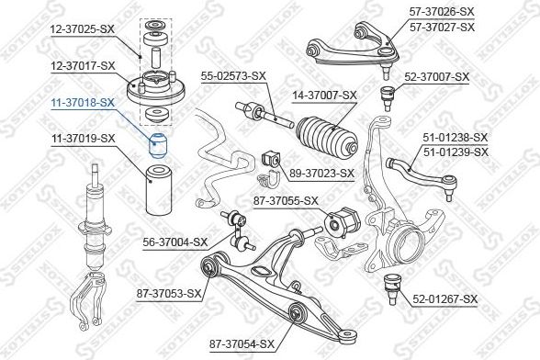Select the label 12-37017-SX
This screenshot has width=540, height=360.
pos(82,65)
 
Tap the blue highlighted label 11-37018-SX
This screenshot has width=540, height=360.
pos(82,102)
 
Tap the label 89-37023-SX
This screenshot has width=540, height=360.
pos(321,172)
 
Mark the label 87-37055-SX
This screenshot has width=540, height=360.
pos(285,200)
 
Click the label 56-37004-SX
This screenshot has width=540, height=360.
pos(174,242)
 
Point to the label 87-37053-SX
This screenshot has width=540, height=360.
pos(169,294)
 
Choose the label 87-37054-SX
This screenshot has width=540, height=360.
pos(242,343)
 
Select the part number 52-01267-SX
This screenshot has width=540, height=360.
pos(445,298)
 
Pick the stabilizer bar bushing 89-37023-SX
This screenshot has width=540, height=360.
pos(272,158)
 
